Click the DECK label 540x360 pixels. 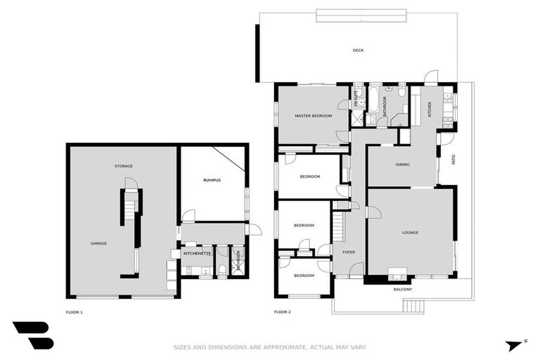(358, 50)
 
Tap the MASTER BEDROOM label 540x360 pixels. (313, 115)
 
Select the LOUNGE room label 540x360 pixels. (410, 232)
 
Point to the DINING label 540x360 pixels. (402, 165)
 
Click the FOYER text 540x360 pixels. (349, 252)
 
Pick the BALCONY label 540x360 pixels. (403, 289)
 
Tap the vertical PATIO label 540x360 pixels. (453, 159)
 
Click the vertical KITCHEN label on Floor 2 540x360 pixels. (430, 110)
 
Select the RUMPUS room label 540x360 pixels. (212, 180)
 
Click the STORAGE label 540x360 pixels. (124, 166)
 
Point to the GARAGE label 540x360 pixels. (98, 243)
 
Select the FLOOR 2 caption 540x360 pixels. (282, 311)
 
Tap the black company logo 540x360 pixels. (32, 336)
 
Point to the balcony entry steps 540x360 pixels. (414, 305)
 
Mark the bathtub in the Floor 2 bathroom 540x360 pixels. (374, 104)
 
